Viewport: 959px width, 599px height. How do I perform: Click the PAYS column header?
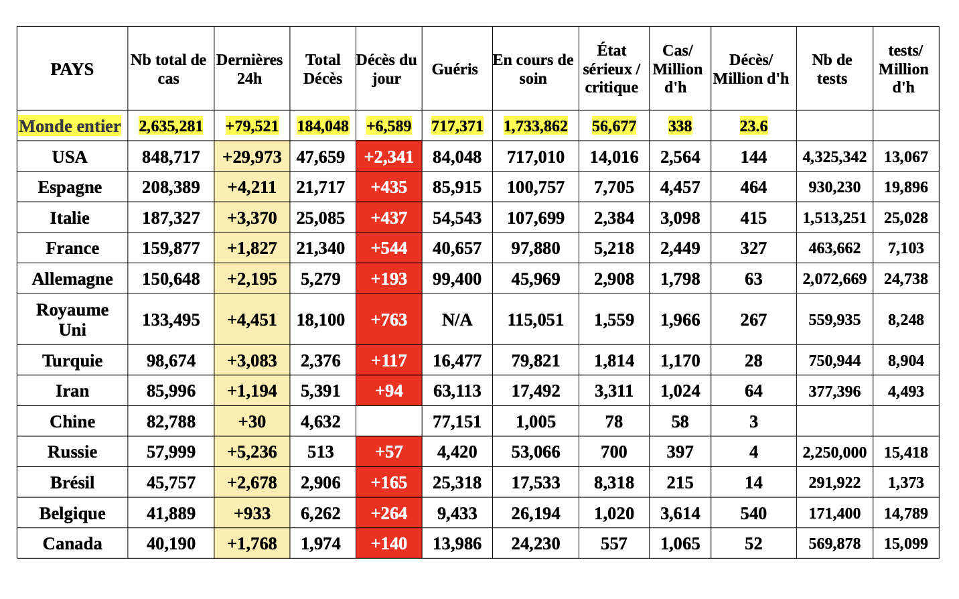point(72,69)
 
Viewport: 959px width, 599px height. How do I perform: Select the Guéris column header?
point(455,69)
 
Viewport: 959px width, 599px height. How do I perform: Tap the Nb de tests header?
point(832,69)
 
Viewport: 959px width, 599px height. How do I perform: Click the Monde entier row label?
point(70,126)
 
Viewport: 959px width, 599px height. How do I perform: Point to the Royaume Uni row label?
point(72,320)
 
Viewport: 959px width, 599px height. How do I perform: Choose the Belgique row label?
point(72,513)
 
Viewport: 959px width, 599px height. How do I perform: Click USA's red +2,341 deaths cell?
point(388,156)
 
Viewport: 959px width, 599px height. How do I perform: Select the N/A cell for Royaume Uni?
point(457,320)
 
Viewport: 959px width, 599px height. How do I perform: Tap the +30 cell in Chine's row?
point(252,421)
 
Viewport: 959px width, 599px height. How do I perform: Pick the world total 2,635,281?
point(170,126)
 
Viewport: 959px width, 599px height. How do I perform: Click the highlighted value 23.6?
point(753,126)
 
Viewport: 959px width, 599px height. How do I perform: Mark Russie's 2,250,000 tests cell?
point(834,452)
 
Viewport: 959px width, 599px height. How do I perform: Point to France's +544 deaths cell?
point(388,248)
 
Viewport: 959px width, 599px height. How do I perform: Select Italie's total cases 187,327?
point(171,218)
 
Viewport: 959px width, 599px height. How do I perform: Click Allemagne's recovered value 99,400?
point(457,279)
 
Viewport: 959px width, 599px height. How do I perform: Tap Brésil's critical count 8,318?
point(613,482)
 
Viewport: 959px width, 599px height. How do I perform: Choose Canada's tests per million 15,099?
point(906,544)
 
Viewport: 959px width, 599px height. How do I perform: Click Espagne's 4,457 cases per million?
point(680,187)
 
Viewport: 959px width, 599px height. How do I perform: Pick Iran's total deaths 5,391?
point(320,391)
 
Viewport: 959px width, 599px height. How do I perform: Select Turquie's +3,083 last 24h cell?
point(252,360)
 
